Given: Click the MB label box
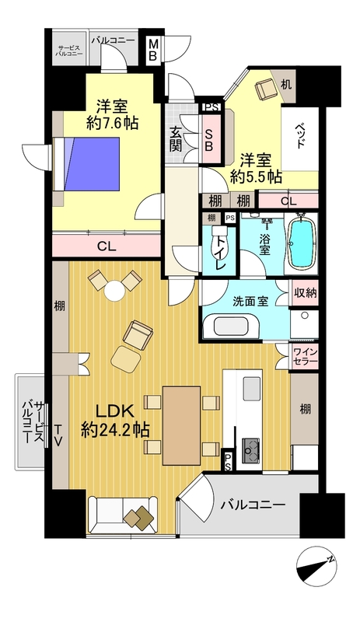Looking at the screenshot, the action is (x=153, y=51).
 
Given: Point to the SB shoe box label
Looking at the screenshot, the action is (x=209, y=139).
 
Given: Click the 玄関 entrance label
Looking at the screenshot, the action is (x=176, y=139).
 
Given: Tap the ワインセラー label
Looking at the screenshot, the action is (x=305, y=356).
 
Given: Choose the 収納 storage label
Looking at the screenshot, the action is (x=306, y=293).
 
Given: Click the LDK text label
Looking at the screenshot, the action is (x=115, y=411).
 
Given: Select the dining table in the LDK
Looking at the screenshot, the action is (x=182, y=425).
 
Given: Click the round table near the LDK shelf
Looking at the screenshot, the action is (x=115, y=290).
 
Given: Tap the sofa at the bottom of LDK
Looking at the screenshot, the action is (x=123, y=515).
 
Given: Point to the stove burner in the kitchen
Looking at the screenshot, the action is (x=250, y=450).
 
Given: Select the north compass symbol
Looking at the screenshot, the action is (x=316, y=567).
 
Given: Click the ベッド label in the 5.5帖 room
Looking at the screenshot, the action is (x=300, y=135).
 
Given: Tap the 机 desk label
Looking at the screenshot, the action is (x=286, y=84).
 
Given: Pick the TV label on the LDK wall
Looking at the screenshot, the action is (x=58, y=435).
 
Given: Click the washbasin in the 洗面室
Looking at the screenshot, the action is (x=231, y=327).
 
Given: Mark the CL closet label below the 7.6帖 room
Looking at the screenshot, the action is (x=107, y=246).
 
